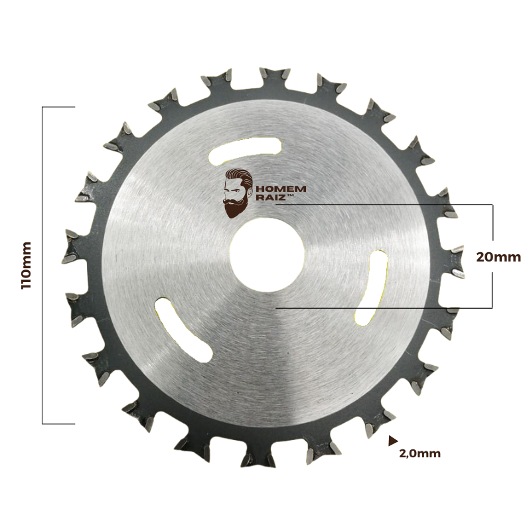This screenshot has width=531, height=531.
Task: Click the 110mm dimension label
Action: (26, 265)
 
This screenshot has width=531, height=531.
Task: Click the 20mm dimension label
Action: (498, 257)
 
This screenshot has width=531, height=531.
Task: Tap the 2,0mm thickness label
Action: (420, 453)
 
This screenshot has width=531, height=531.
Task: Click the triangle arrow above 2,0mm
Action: (393, 441)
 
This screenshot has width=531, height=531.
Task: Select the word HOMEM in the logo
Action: (281, 189)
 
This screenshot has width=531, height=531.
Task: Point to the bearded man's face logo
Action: (238, 193)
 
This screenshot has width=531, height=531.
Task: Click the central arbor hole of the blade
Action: (267, 254)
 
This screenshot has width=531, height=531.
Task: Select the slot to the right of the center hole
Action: (372, 288)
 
